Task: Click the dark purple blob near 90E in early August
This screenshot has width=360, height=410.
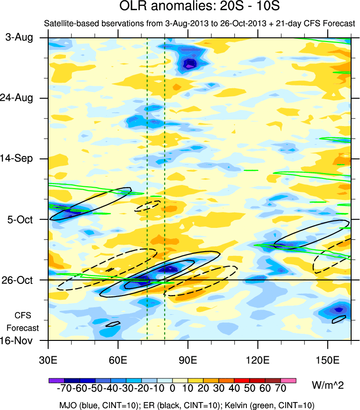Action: click(x=190, y=64)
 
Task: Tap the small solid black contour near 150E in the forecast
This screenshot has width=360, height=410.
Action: click(x=339, y=319)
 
